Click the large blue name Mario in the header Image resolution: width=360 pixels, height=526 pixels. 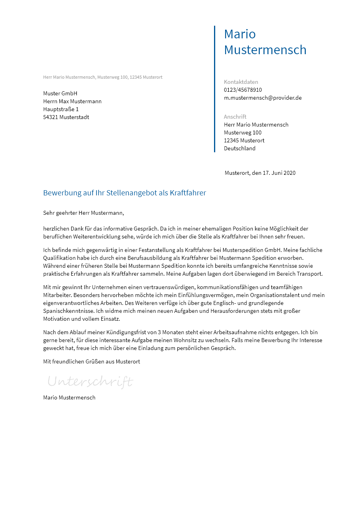tap(240, 34)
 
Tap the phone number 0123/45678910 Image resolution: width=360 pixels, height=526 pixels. tap(243, 90)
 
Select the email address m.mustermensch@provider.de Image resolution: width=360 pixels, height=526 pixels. tap(263, 98)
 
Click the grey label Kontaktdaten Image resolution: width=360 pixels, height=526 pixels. tap(241, 82)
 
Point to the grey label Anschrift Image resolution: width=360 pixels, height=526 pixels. tap(235, 117)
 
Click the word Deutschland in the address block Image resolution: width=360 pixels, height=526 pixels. tap(240, 148)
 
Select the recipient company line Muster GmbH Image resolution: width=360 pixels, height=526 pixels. tap(60, 93)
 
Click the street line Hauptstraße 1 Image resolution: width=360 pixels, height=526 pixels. tap(61, 109)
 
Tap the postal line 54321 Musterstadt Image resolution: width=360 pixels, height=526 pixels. tap(66, 117)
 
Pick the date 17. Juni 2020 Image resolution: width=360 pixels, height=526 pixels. tap(279, 173)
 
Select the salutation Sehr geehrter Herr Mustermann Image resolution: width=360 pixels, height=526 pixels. tap(83, 213)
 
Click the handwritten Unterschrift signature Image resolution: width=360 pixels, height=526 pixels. tap(90, 382)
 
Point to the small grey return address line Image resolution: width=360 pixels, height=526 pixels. tap(102, 77)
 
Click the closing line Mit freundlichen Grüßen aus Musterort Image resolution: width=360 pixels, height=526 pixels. tap(91, 361)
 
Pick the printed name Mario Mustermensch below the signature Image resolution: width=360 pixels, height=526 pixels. tap(69, 397)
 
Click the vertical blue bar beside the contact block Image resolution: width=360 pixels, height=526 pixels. tap(214, 89)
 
